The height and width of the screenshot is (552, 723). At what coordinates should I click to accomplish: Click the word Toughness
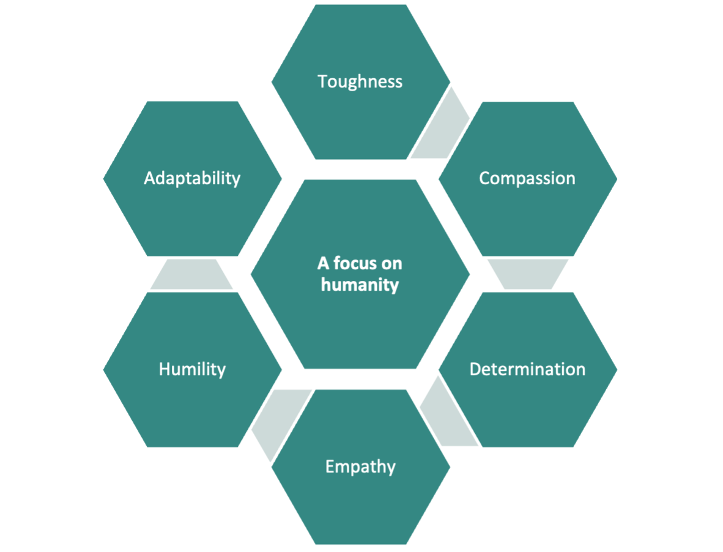[360, 81]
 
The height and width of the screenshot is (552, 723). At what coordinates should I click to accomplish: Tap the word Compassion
[527, 179]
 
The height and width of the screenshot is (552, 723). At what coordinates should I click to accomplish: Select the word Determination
[527, 370]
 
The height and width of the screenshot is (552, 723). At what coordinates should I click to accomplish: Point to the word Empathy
[360, 467]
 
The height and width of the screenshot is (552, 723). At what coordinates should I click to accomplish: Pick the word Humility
[192, 370]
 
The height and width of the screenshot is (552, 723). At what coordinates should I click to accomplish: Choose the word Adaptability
[192, 179]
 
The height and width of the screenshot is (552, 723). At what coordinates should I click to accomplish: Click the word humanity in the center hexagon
[360, 285]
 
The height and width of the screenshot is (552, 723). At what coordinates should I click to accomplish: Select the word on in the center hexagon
[391, 264]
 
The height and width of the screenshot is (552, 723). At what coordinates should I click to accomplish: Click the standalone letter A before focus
[323, 263]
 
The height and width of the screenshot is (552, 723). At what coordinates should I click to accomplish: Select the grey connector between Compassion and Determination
[528, 274]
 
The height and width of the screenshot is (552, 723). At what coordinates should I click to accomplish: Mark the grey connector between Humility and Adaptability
[191, 274]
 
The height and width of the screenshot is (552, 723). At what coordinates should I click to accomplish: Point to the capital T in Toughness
[323, 81]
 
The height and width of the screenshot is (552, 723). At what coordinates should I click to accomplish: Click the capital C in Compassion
[485, 179]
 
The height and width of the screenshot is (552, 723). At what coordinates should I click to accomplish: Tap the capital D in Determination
[476, 370]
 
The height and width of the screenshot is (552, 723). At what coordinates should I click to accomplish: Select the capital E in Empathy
[330, 466]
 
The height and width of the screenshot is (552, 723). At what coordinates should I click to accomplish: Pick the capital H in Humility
[165, 370]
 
